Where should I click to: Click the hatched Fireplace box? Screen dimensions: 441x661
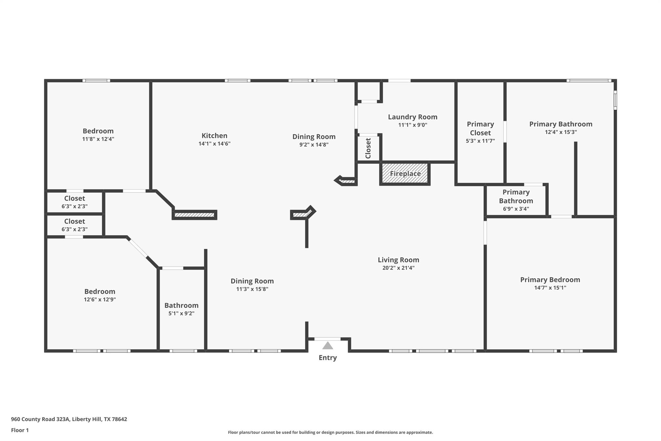[x=405, y=173]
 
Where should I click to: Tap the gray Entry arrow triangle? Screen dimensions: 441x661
[x=328, y=346]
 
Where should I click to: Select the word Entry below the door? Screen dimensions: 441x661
[x=328, y=358]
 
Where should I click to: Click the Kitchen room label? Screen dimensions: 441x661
[x=214, y=136]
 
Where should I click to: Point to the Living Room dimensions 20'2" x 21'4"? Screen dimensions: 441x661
[x=398, y=268]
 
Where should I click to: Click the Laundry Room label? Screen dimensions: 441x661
[x=412, y=117]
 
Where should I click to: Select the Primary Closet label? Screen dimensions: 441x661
[x=480, y=129]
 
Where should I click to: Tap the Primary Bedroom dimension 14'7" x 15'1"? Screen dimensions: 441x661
[x=550, y=288]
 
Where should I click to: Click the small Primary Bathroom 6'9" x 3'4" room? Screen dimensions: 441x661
[x=516, y=201]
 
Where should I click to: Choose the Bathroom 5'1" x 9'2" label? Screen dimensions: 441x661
[x=181, y=306]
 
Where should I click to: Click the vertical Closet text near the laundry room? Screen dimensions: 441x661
[x=368, y=148]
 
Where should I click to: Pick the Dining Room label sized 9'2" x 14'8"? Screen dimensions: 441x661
[x=314, y=137]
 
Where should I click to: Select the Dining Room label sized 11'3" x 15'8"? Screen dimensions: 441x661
[x=252, y=281]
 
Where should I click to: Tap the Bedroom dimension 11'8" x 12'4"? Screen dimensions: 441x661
[x=98, y=139]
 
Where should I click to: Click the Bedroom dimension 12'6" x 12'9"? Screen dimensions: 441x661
[x=100, y=299]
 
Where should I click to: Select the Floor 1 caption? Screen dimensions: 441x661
[x=20, y=430]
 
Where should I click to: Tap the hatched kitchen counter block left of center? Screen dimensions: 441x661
[x=194, y=215]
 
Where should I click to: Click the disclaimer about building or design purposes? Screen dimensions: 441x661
[x=330, y=432]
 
